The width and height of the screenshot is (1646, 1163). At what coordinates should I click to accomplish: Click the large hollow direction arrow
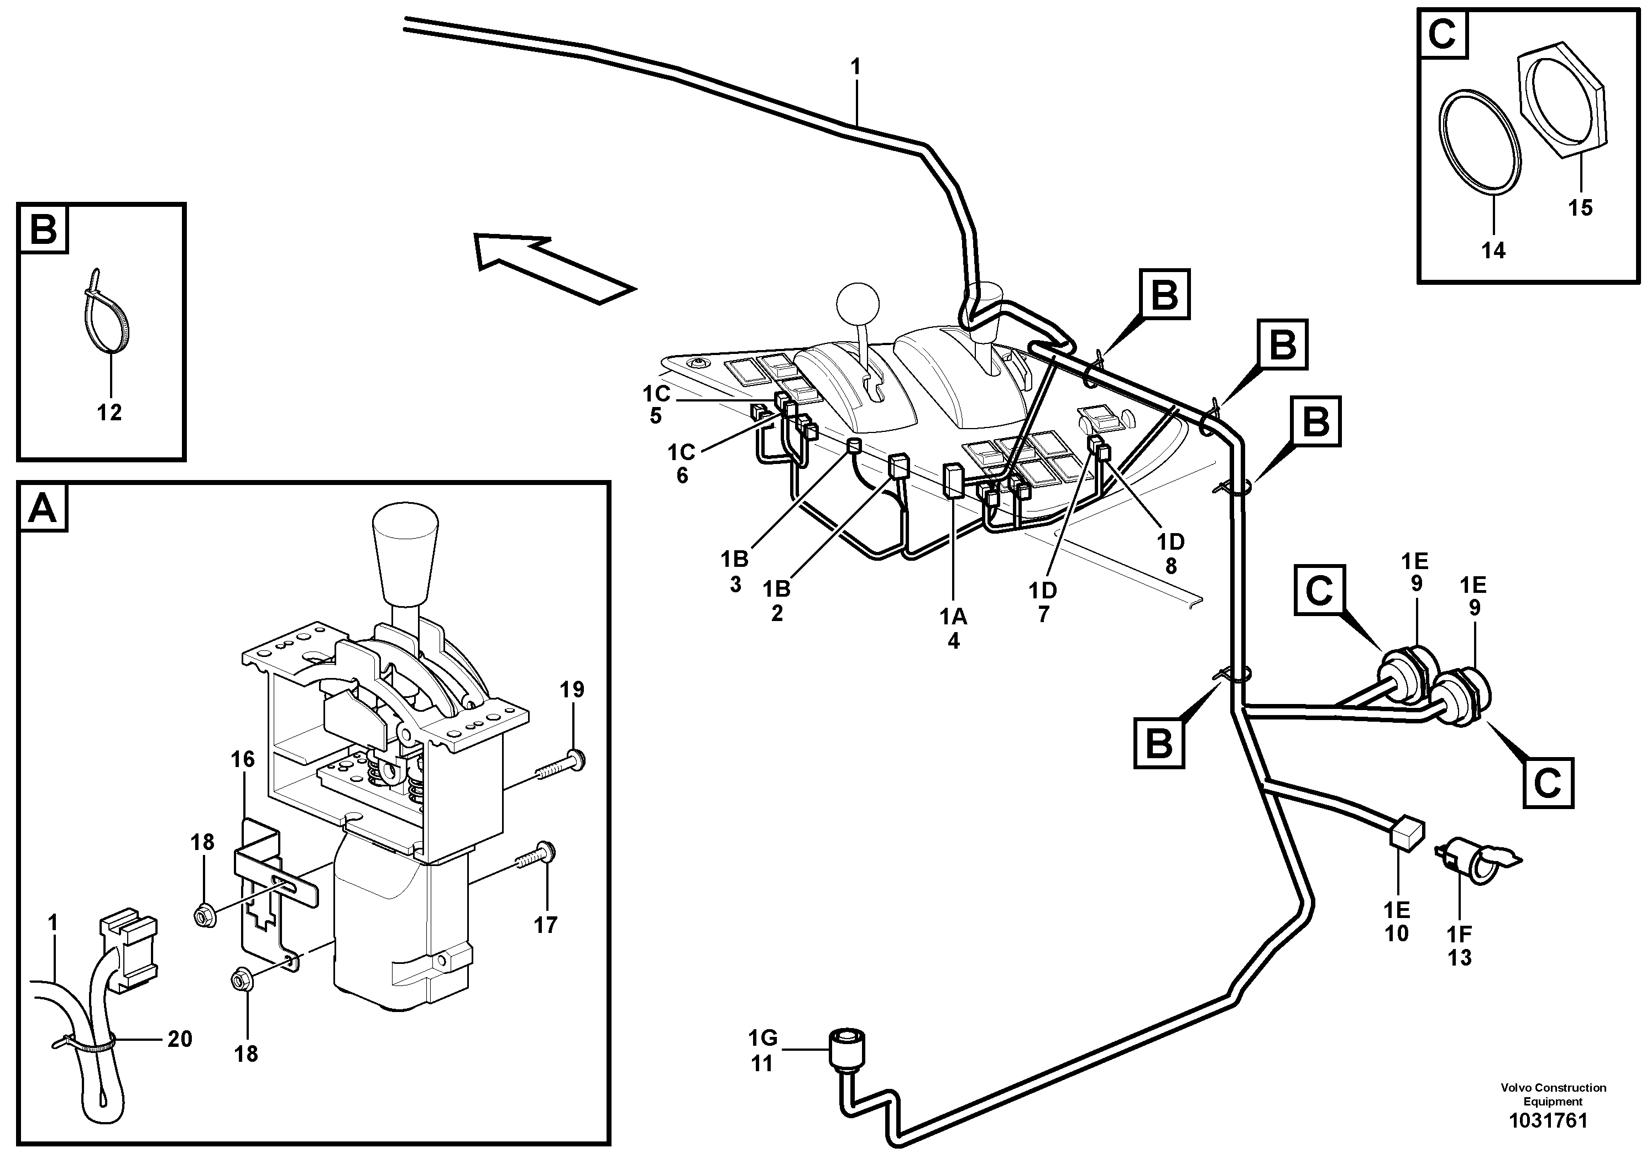click(552, 269)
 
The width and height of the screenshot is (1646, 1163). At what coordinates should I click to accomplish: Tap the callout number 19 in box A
click(572, 690)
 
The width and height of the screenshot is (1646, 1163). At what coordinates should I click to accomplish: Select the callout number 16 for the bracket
click(243, 759)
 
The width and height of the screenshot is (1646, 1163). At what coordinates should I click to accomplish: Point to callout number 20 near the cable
click(179, 1039)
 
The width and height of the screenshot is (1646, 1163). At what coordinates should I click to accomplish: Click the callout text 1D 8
click(1171, 553)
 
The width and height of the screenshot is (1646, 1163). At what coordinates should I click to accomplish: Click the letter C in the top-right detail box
click(1443, 34)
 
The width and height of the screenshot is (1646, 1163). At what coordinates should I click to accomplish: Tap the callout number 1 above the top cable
click(855, 67)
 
